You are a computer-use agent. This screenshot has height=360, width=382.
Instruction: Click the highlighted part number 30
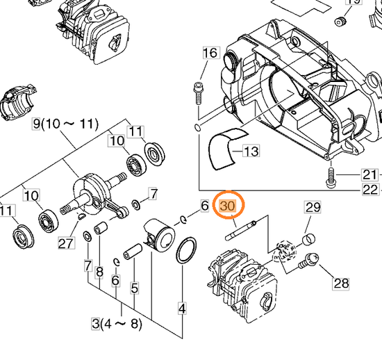(x=228, y=206)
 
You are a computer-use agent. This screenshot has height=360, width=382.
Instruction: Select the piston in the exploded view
(x=159, y=234)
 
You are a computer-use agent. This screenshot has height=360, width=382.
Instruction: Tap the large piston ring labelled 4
(x=186, y=250)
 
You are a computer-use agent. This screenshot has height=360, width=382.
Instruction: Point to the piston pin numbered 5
(x=133, y=252)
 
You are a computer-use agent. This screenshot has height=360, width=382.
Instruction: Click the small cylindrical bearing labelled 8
(x=101, y=227)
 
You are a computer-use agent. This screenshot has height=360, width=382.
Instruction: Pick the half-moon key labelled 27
(x=81, y=216)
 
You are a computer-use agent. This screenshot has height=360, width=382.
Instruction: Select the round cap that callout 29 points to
(x=309, y=239)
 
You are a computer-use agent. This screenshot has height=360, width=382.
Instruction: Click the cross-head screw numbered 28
(x=308, y=261)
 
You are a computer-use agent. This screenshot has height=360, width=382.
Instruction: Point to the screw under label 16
(x=198, y=93)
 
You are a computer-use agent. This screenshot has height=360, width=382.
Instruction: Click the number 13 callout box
(x=251, y=151)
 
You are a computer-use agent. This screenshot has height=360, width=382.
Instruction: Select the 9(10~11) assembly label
(x=65, y=124)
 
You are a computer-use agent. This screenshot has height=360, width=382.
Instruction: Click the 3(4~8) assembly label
(x=117, y=324)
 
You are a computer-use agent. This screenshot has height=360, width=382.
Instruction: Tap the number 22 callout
(x=370, y=190)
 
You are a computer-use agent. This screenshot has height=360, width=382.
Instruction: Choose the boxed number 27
(x=66, y=243)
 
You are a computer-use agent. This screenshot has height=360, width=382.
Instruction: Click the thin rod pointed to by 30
(x=241, y=230)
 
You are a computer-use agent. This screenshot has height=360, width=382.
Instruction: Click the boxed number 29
(x=313, y=207)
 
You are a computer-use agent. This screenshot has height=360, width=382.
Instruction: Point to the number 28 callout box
(x=341, y=284)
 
